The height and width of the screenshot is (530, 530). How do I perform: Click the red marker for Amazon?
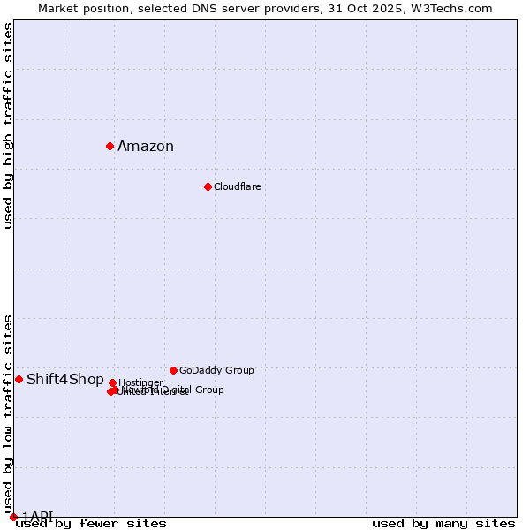pyautogui.click(x=110, y=146)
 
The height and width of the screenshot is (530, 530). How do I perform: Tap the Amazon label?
pyautogui.click(x=146, y=147)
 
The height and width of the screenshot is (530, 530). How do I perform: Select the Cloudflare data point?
pyautogui.click(x=208, y=186)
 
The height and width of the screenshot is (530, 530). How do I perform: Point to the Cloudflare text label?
pyautogui.click(x=237, y=186)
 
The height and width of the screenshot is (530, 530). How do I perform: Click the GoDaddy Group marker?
pyautogui.click(x=173, y=370)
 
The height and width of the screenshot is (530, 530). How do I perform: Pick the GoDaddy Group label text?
pyautogui.click(x=216, y=370)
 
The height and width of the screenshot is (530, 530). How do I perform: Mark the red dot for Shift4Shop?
pyautogui.click(x=19, y=379)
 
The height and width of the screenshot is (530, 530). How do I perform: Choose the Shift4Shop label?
pyautogui.click(x=65, y=380)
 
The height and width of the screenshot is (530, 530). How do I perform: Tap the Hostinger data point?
pyautogui.click(x=112, y=382)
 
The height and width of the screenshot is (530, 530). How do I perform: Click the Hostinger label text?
pyautogui.click(x=140, y=382)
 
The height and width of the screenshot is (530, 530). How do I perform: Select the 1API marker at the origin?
pyautogui.click(x=13, y=517)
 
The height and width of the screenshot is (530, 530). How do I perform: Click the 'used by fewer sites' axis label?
pyautogui.click(x=91, y=523)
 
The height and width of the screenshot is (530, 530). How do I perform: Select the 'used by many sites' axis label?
pyautogui.click(x=443, y=523)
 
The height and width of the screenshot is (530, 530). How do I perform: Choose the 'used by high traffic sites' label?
pyautogui.click(x=8, y=125)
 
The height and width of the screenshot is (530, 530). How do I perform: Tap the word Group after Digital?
pyautogui.click(x=208, y=390)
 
